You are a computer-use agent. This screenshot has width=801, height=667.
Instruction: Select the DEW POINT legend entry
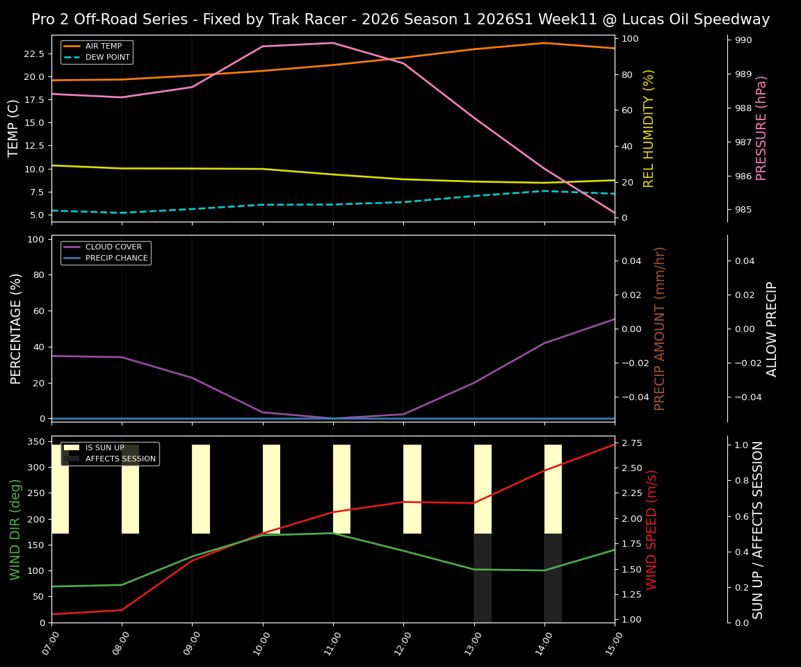107,57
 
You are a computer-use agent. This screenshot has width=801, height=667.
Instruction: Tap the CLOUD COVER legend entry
113,247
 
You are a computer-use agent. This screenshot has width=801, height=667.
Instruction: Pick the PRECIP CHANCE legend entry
116,258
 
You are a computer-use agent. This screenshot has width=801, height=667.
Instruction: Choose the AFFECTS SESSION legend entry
120,459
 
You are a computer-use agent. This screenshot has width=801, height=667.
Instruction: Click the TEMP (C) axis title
14,128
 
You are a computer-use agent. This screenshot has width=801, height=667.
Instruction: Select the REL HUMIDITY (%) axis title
649,128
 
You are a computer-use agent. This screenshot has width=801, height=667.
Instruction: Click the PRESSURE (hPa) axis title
761,128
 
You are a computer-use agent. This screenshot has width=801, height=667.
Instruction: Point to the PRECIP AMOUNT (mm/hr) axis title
661,328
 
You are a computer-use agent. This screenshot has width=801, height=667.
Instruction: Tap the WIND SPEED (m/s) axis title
652,529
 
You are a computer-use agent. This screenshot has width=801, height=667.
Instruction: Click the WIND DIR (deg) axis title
15,529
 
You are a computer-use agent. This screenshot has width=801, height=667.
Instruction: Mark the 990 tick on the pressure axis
743,40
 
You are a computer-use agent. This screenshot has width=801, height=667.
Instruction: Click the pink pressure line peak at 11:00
333,43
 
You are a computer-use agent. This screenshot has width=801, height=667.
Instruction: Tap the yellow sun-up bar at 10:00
271,489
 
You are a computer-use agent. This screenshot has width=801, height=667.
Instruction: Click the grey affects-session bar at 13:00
483,578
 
